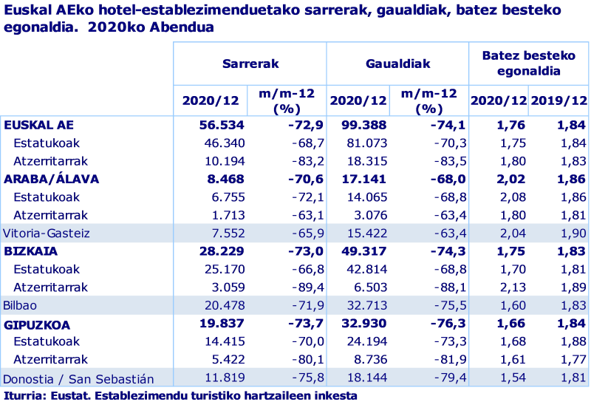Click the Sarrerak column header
[250, 64]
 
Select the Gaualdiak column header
[397, 64]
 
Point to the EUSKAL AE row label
[38, 125]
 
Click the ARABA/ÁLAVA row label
[51, 179]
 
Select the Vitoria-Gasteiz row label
[47, 233]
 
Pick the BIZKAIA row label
[31, 251]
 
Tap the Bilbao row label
[20, 304]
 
